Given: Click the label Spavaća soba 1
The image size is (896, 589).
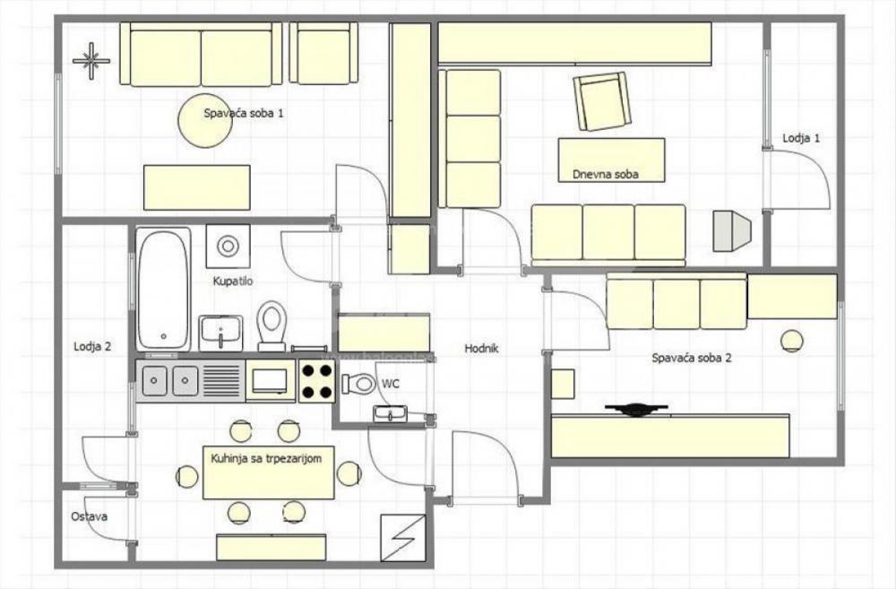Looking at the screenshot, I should [244, 113].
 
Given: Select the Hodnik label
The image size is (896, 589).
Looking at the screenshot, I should [481, 349].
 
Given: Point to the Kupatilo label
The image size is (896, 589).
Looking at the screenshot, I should [233, 282].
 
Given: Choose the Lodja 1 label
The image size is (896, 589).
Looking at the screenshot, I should [801, 138].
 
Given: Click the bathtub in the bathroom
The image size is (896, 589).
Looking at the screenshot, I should [163, 289].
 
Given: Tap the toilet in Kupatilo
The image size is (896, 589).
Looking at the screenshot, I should [271, 325].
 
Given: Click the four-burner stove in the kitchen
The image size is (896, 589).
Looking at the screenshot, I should [317, 380].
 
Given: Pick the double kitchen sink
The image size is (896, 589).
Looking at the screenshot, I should [170, 380].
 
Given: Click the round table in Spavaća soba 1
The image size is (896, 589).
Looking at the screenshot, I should [204, 122].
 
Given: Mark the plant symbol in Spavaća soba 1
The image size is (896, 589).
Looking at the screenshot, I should [90, 60].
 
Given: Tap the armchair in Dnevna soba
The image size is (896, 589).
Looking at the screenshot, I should [602, 101].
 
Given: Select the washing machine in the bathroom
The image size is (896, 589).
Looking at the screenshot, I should [228, 245].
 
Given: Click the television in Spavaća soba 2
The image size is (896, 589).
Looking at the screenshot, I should [636, 410].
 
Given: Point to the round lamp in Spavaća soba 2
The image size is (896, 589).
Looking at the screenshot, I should [791, 340].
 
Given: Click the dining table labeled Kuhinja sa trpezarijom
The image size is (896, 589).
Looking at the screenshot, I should [269, 472].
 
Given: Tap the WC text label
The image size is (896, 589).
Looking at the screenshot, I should [391, 383].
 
